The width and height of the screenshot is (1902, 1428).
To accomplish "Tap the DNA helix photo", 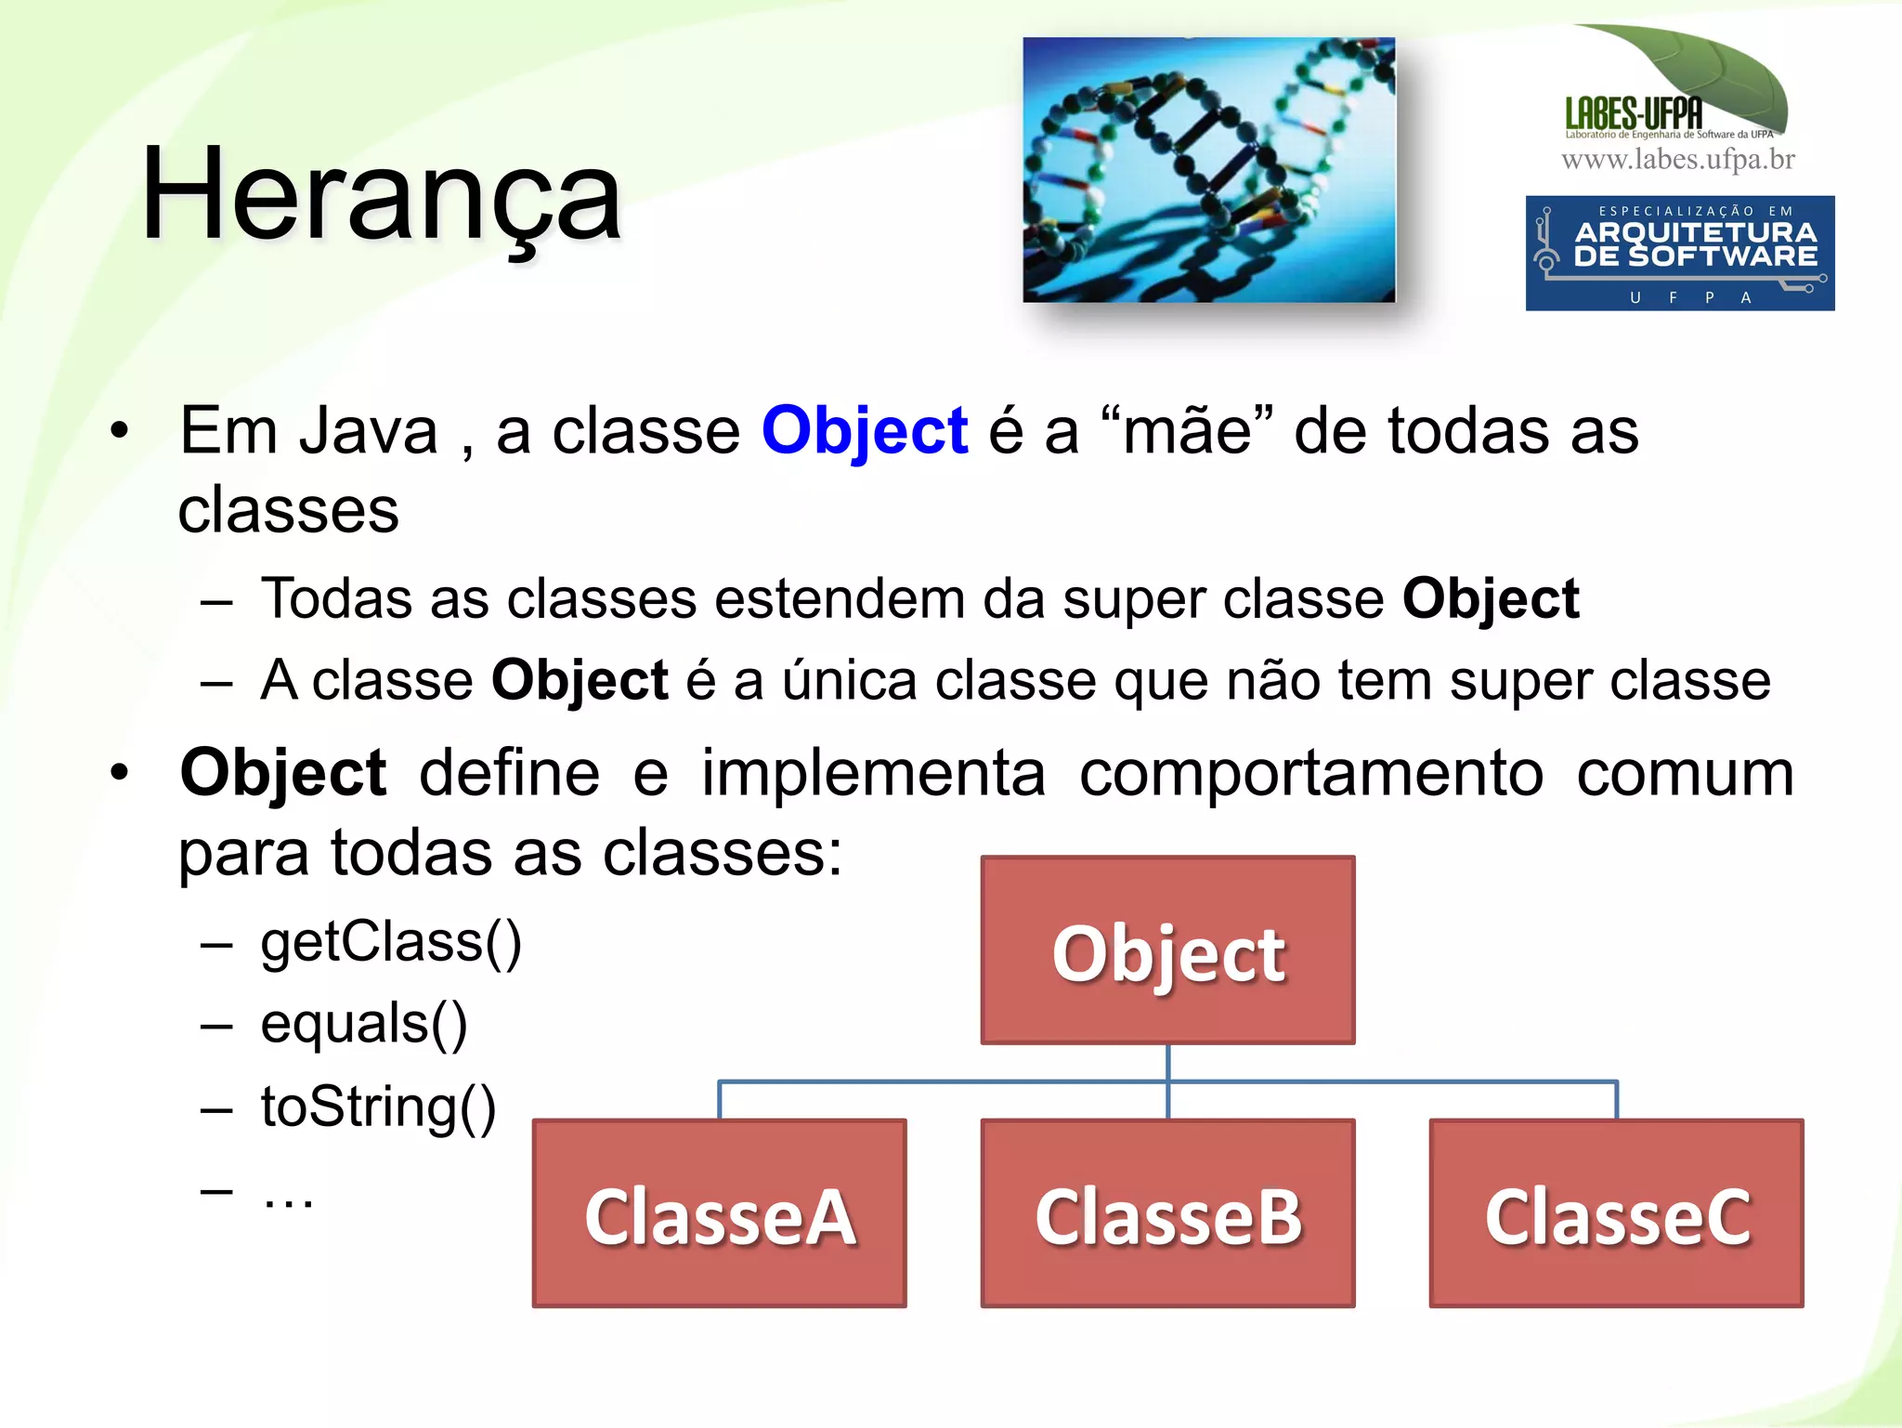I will (x=1208, y=170).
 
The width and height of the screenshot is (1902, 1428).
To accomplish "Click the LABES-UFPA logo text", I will (x=1634, y=114).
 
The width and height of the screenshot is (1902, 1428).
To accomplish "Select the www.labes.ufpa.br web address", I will (x=1677, y=160).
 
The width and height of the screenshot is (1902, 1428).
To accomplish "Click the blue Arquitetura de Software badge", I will (x=1679, y=253).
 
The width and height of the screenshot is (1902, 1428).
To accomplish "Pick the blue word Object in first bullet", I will (x=864, y=432).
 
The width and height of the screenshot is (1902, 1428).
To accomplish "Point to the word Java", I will (x=369, y=432).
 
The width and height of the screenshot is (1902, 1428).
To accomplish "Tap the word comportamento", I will (x=1310, y=773).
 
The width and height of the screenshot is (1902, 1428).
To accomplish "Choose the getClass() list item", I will (x=391, y=943).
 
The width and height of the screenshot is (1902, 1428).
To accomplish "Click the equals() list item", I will (x=364, y=1025).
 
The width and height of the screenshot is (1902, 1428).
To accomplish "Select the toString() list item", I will (x=378, y=1107).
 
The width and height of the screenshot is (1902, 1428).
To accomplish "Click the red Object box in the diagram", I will (x=1167, y=950).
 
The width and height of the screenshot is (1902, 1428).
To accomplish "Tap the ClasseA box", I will (x=719, y=1213).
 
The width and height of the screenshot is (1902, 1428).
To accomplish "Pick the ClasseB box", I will (x=1167, y=1213).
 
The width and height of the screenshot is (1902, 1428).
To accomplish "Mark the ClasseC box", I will (x=1616, y=1213).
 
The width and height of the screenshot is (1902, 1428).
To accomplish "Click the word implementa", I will (x=873, y=773).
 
